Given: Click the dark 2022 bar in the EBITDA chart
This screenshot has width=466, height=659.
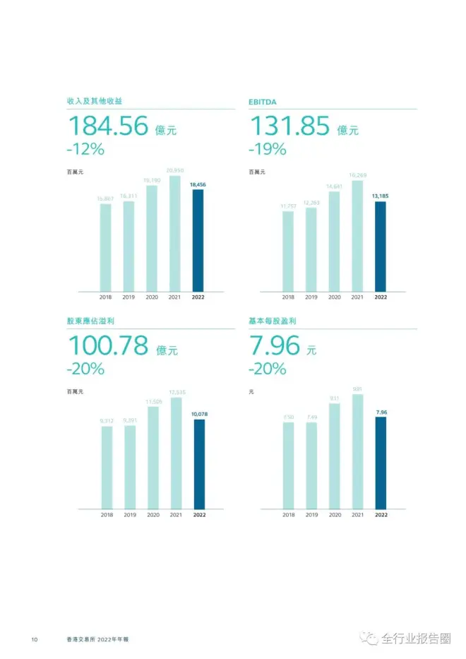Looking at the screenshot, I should [x=381, y=247].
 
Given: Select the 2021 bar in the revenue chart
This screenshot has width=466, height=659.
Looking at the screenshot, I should [x=175, y=233].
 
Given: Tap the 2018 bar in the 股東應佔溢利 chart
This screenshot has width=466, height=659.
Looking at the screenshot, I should [x=107, y=467].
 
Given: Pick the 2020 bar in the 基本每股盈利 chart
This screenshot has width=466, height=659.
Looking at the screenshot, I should [x=334, y=456].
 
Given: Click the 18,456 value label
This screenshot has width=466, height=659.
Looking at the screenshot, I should [x=198, y=184].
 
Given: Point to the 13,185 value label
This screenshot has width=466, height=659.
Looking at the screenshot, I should [x=381, y=197].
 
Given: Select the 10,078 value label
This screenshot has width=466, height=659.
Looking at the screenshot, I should [x=198, y=415].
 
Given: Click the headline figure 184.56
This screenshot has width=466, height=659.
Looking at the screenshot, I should [x=108, y=126].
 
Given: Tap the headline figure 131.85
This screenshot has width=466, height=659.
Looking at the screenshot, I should [x=290, y=126].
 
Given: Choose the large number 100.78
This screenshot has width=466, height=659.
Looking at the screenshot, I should [x=108, y=346].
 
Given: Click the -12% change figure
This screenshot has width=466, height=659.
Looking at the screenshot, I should [x=85, y=149].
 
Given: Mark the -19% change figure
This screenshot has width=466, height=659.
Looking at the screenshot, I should [x=268, y=149].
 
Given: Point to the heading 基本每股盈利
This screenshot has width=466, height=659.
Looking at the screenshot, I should [x=272, y=321].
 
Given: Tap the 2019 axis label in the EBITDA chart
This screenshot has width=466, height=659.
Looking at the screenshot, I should [x=311, y=297].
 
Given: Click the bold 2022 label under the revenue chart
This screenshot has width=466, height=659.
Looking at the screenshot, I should [x=198, y=297].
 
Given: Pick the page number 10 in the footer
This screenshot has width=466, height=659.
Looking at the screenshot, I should [x=34, y=639].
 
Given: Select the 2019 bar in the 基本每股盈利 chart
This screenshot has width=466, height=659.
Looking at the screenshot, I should [x=311, y=465].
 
